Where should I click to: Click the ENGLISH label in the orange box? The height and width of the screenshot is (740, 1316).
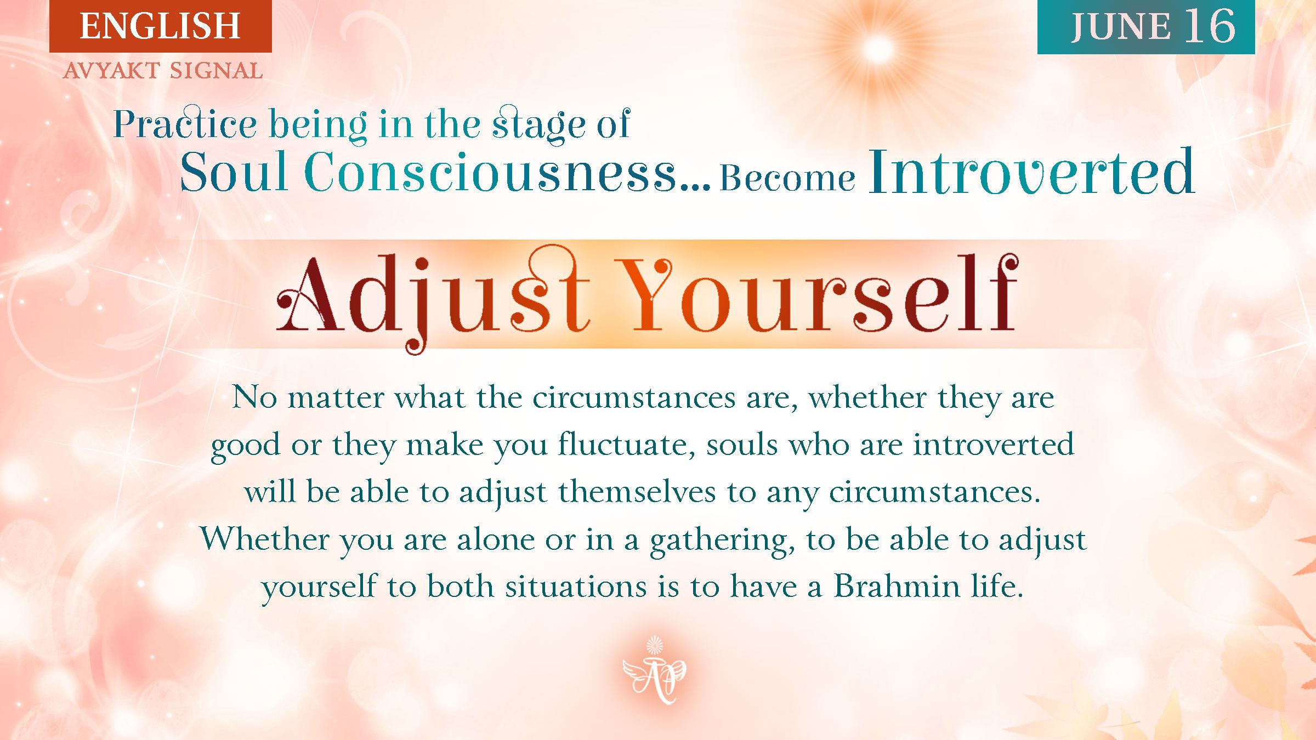pos(160,26)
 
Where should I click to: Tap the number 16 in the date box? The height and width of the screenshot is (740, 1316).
pos(1210,26)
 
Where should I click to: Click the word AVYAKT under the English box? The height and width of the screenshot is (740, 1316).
pos(111,71)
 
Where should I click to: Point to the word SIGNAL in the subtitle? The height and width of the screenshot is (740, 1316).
pos(216,71)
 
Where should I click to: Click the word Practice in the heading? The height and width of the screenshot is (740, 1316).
pos(185,124)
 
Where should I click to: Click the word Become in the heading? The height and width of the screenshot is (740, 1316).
pos(787,178)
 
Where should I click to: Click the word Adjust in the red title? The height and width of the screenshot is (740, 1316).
pos(433,296)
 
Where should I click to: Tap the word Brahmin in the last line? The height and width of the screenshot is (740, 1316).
pos(897,587)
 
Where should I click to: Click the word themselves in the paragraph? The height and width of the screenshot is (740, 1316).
pos(637,492)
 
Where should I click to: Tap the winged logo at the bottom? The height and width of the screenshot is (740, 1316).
pos(654,670)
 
